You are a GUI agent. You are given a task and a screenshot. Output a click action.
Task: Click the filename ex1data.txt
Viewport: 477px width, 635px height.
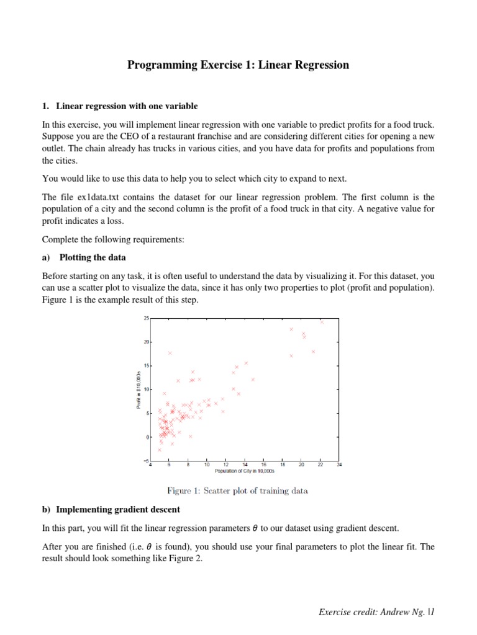(91, 196)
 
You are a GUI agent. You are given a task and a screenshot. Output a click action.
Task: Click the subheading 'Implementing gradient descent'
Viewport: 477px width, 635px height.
(118, 509)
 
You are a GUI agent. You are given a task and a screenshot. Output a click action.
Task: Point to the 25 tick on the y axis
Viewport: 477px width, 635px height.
(146, 318)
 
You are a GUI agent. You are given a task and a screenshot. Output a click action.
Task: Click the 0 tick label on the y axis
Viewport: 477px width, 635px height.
(147, 437)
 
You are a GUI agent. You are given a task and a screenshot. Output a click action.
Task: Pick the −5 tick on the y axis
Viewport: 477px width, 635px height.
(146, 461)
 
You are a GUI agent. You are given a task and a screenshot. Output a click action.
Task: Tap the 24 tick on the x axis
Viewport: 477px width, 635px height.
(338, 464)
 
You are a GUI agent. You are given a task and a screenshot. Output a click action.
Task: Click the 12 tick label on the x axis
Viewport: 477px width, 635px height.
(225, 464)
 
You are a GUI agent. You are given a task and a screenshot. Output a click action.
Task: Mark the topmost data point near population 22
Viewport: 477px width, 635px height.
(321, 322)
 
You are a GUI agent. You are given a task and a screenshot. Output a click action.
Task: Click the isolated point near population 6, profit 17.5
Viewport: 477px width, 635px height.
(170, 353)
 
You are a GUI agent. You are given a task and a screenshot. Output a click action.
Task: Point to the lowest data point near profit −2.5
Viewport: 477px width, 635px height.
(160, 450)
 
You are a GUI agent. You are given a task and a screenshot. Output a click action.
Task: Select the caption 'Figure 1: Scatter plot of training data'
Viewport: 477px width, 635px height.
(237, 491)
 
